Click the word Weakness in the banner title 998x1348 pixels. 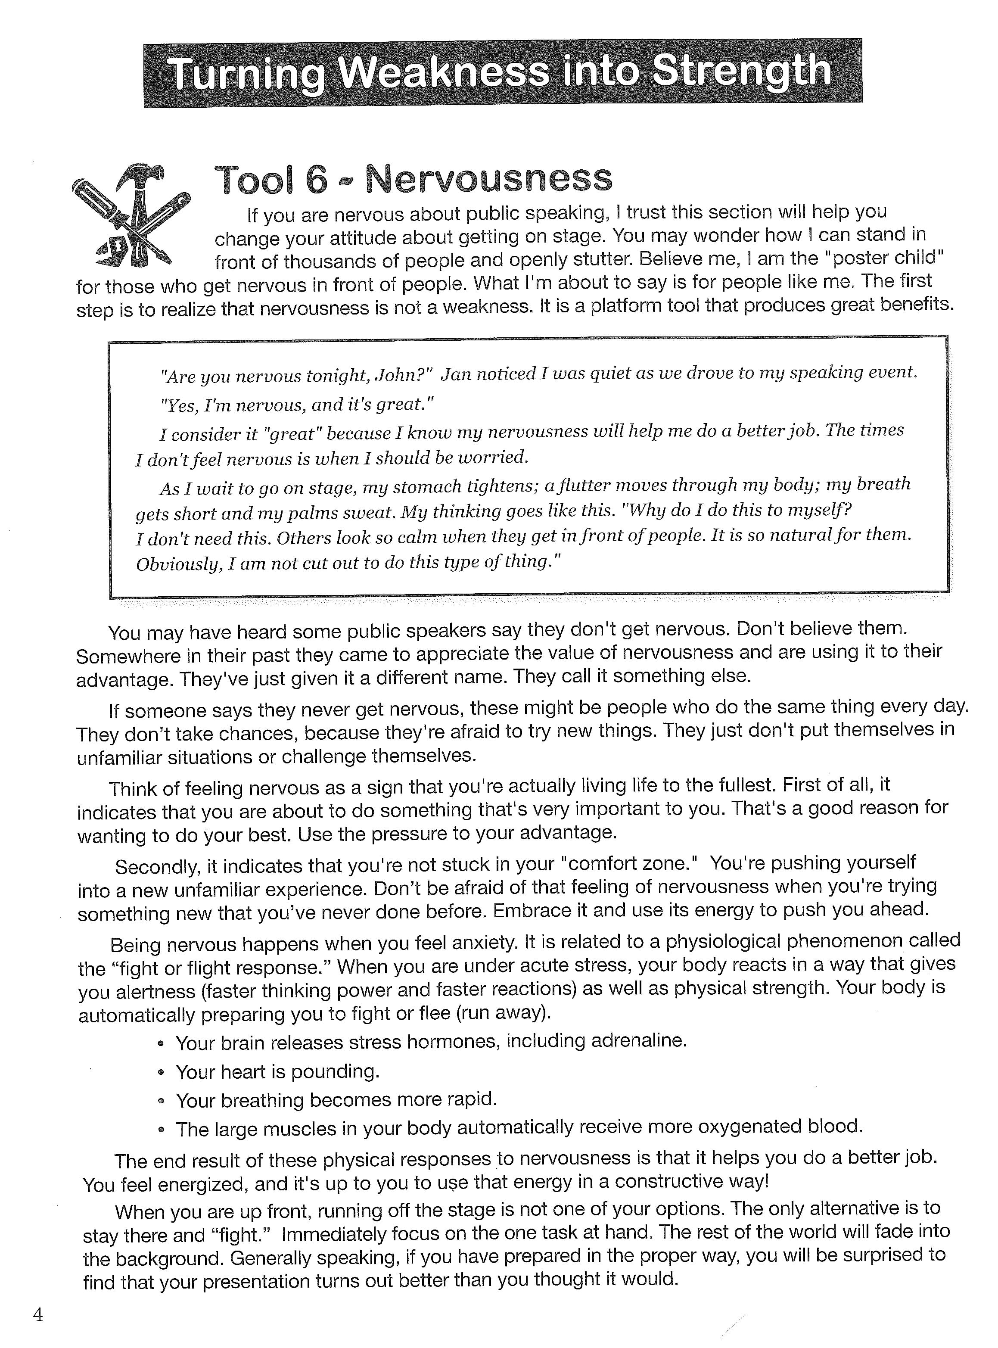pyautogui.click(x=443, y=72)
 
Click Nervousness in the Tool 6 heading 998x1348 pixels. pyautogui.click(x=489, y=178)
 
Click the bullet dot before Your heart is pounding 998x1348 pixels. pyautogui.click(x=161, y=1072)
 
